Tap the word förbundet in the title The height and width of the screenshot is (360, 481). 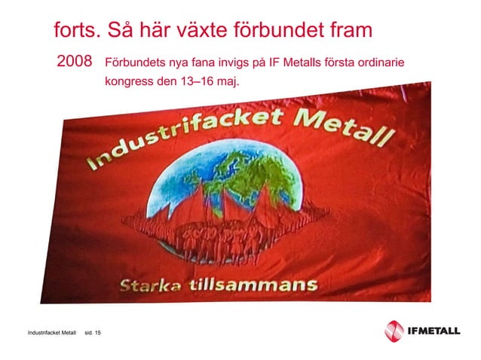pos(275,32)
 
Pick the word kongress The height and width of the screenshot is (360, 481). pos(129,80)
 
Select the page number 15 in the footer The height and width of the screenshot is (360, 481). pos(98,332)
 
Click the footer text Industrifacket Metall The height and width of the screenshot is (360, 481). pos(51,332)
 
